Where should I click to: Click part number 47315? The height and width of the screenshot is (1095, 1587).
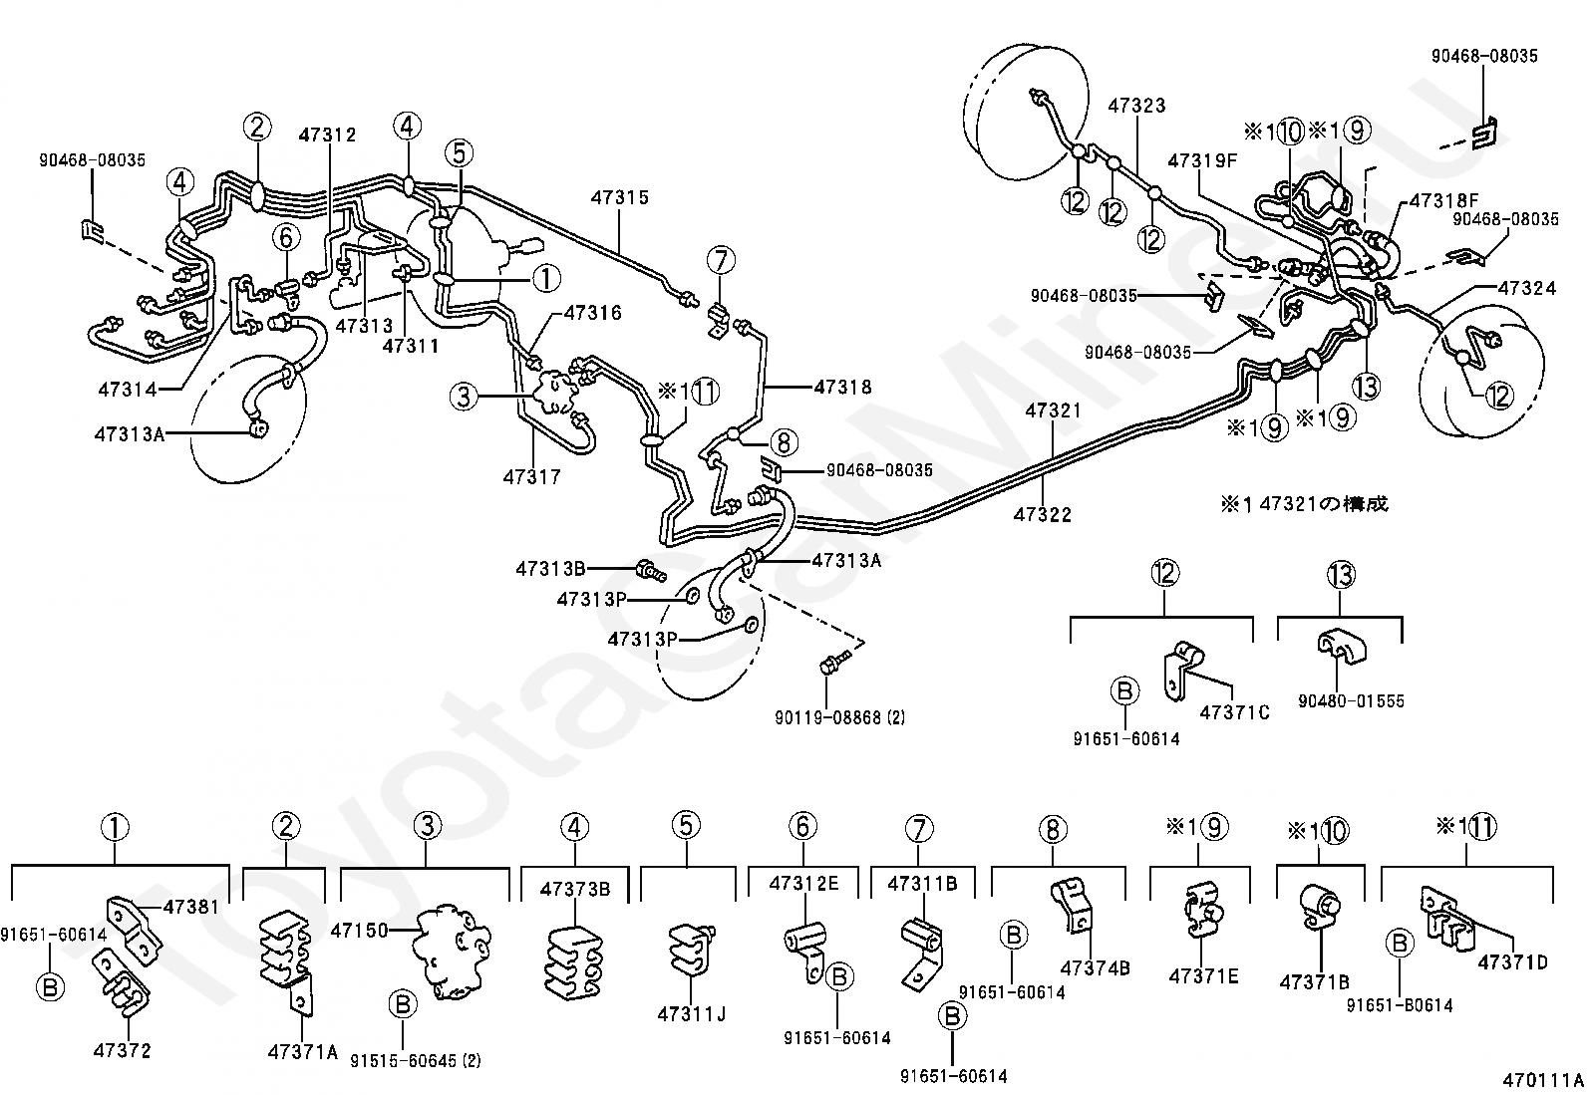(619, 197)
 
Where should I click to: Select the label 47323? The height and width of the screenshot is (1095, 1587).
(1136, 105)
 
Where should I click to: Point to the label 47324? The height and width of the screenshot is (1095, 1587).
(1526, 288)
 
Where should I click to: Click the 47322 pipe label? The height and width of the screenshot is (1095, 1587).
(1043, 514)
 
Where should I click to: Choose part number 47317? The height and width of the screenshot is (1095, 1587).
(531, 477)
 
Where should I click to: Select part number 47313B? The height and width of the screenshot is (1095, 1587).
(550, 569)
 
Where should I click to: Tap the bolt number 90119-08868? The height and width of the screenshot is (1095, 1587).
(839, 716)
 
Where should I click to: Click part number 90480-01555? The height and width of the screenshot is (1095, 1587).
(1351, 700)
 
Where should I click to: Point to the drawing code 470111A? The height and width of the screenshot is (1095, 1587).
(1544, 1079)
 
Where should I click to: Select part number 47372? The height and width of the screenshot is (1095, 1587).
(123, 1050)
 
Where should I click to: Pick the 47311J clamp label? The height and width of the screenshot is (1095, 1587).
(691, 1014)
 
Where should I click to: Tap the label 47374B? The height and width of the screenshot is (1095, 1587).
(1095, 967)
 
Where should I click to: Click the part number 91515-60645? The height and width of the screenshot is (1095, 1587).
(415, 1061)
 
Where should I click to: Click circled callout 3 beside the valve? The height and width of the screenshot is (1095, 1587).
(463, 398)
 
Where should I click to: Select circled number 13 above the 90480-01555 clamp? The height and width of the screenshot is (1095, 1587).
(1340, 574)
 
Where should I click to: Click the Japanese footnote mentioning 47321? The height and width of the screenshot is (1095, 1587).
(1304, 504)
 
